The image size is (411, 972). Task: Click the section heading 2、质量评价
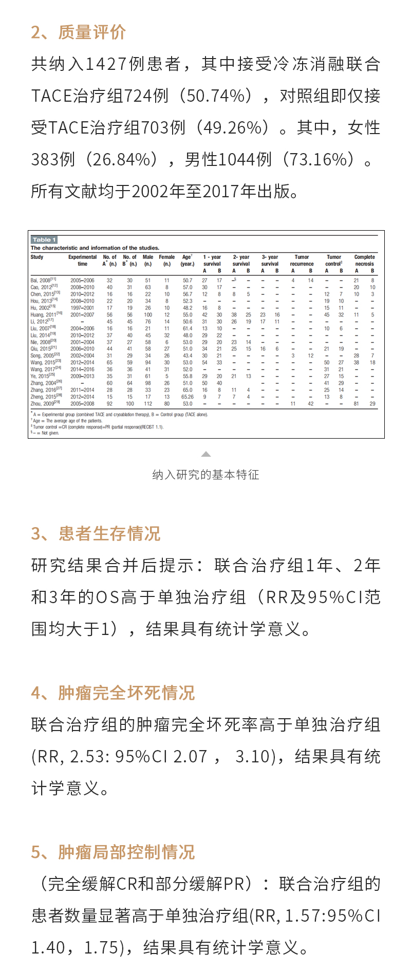pos(78,32)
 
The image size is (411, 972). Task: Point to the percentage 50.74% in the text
pos(215,96)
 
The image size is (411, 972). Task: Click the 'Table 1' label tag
pos(44,239)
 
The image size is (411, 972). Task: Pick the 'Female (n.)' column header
pos(167,260)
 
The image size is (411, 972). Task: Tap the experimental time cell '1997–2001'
pos(82,308)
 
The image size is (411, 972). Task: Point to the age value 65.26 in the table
pos(188,397)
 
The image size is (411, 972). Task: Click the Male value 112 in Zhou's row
pos(148,404)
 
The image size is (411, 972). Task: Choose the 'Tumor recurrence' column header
pos(302,260)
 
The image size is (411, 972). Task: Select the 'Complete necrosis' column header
pos(364,260)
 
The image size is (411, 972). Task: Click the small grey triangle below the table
pos(206,454)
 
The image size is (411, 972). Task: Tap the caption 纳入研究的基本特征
pos(206,475)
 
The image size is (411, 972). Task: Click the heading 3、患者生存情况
pos(96,534)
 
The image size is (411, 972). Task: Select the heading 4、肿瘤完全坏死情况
pos(113,693)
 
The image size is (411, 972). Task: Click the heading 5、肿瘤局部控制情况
pos(113,852)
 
